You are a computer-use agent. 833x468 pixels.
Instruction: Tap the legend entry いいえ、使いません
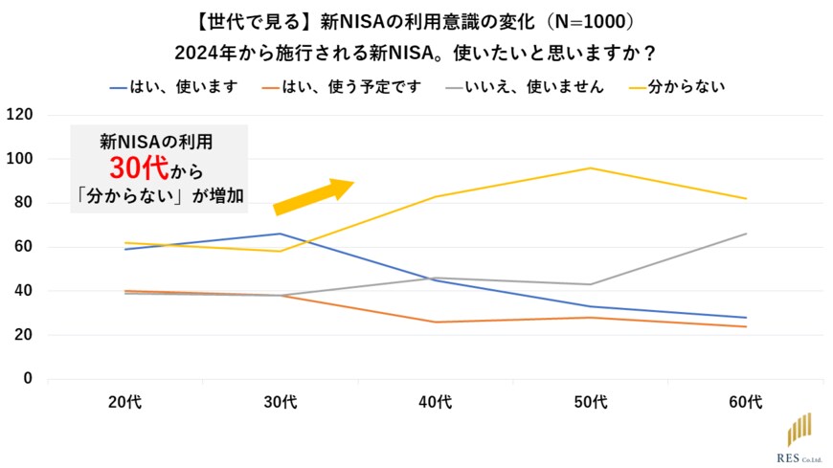coord(525,87)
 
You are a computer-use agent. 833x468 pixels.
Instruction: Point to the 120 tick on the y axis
coord(20,115)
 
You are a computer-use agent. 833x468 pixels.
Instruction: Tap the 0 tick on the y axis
coord(28,379)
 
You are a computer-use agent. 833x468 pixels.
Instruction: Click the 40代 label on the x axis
coord(436,403)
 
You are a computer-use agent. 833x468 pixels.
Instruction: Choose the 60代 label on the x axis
coord(746,403)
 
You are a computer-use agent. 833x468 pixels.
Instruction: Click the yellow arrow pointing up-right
coord(313,194)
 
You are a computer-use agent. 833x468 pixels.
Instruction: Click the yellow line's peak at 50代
coord(591,168)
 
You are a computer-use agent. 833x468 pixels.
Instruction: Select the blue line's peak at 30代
coord(280,234)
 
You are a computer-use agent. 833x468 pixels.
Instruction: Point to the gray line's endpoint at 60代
coord(746,234)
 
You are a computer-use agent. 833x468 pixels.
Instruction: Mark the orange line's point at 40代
coord(436,322)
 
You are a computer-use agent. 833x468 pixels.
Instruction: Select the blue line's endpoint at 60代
coord(746,318)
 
